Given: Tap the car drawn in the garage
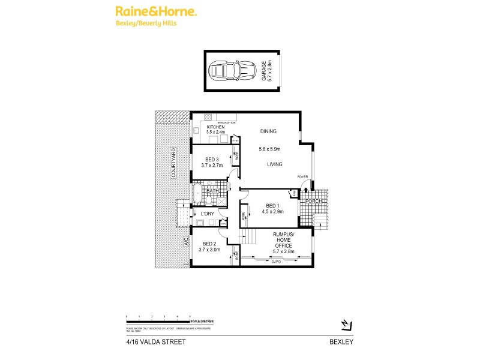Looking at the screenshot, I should click(x=231, y=71).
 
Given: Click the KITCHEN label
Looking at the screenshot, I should click(x=215, y=127).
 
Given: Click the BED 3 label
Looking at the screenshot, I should click(x=211, y=159).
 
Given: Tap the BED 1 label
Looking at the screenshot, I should click(x=274, y=205).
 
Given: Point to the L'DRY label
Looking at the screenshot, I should click(x=208, y=214).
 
